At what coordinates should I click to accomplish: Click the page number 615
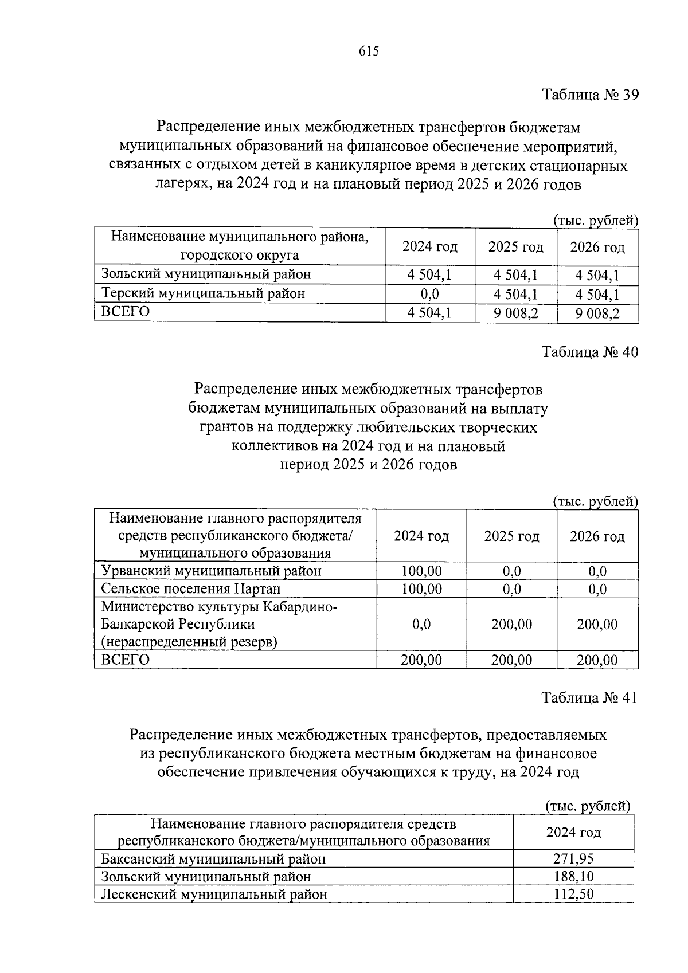tap(369, 52)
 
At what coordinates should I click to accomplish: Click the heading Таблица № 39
tap(590, 95)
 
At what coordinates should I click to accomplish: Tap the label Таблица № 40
tap(590, 351)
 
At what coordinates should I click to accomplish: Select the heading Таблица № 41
tap(590, 697)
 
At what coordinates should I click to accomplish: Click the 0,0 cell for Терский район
tap(429, 294)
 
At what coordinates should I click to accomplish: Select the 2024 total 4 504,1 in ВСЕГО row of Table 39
tap(429, 313)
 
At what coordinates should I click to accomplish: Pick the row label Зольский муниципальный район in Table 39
tap(206, 274)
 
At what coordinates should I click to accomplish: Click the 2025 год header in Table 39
tap(515, 247)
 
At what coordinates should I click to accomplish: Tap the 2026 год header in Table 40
tap(597, 536)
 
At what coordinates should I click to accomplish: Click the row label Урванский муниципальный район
tap(211, 571)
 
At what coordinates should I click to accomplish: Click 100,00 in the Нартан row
tap(421, 589)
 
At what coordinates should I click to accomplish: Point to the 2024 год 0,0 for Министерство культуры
tap(421, 624)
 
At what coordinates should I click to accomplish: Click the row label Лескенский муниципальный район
tap(214, 894)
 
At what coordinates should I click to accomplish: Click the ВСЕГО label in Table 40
tap(125, 660)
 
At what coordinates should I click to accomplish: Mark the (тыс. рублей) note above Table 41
tap(587, 806)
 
